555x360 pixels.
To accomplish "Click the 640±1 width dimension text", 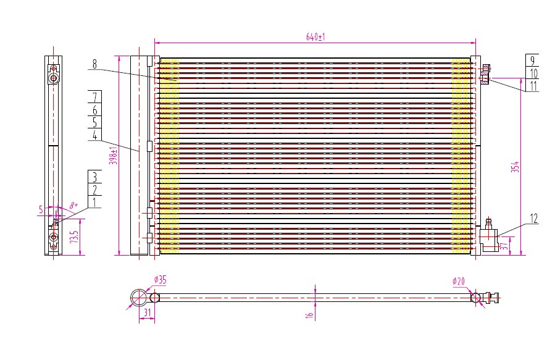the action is coord(315,37).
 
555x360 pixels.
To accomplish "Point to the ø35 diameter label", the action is coord(161,280).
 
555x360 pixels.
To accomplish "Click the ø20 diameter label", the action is coord(458,282).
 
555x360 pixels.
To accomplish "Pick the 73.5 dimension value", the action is coord(74,237).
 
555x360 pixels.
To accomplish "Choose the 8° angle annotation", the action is coord(73,205).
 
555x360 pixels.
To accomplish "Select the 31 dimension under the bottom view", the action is coord(148,312).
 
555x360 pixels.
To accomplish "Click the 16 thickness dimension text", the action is coord(310,315).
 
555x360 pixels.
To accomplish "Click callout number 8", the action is coord(94,64).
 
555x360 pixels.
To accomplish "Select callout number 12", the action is coord(534,219).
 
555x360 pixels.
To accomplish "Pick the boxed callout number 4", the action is coord(94,135).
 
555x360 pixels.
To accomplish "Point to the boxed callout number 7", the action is coord(94,96).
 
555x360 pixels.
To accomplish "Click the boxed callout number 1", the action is coord(94,202).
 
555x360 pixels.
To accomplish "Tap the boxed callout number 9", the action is coord(533,61).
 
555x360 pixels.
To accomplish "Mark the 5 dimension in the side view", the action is coord(41,209).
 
